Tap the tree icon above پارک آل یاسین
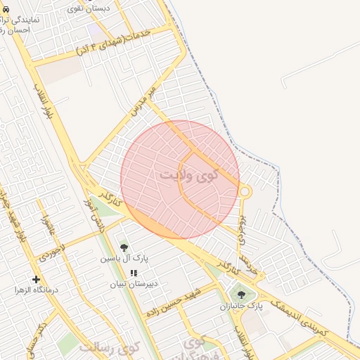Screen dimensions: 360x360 pos(124,247)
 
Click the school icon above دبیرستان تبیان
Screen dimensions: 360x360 pos(134,273)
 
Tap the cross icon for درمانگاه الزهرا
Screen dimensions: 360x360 pos(36,279)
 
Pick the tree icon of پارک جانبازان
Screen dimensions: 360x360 pos(242,295)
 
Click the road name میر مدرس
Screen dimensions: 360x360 pos(142,101)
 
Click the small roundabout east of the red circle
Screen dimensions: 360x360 pos(245,191)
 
